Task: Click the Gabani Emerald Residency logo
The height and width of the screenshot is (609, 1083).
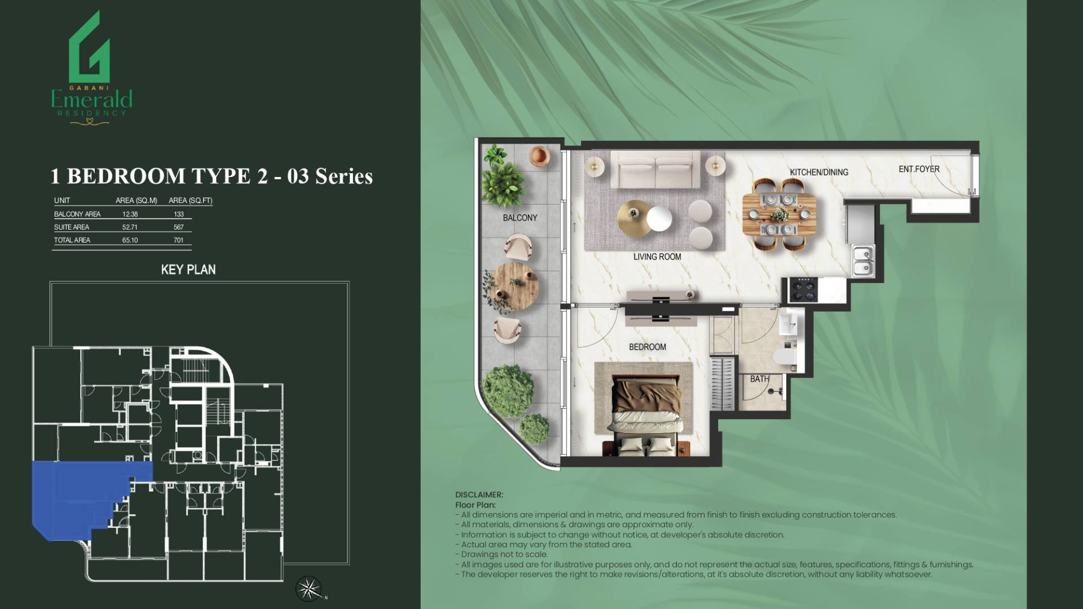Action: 91,68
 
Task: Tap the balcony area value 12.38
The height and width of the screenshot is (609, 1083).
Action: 130,214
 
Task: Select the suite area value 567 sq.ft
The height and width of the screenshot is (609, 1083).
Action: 179,227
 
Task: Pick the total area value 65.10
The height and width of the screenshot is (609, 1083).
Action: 130,240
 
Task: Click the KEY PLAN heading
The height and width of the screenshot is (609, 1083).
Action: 188,270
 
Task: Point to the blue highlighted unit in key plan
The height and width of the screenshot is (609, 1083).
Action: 79,496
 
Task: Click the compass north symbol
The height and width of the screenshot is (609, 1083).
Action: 309,589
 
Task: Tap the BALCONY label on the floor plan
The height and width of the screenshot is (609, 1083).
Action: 520,218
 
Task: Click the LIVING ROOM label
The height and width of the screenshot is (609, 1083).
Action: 657,257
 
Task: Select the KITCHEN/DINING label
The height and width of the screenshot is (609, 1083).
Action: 819,172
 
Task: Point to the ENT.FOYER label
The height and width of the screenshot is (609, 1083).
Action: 919,169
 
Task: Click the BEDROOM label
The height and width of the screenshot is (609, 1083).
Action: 648,347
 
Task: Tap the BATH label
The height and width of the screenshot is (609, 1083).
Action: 759,379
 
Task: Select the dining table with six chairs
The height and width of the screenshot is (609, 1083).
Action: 779,214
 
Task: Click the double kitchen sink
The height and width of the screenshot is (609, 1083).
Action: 863,261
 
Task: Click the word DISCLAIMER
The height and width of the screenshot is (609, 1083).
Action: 479,495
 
